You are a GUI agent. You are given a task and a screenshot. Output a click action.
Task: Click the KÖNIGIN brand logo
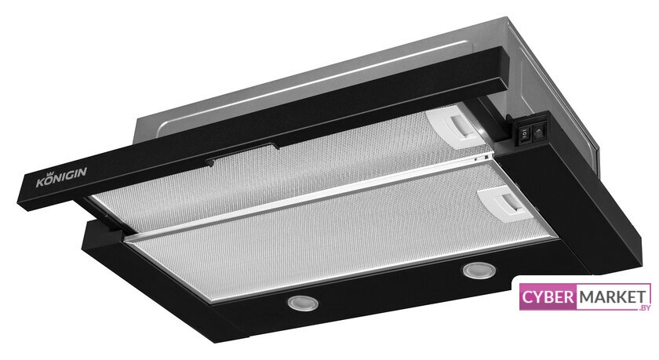(61, 177)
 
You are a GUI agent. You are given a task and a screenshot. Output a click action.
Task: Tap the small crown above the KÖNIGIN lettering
(53, 174)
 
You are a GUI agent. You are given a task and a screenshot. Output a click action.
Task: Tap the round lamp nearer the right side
(479, 270)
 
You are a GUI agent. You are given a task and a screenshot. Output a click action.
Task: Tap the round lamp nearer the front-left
(303, 303)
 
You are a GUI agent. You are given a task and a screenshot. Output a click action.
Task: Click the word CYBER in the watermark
(548, 297)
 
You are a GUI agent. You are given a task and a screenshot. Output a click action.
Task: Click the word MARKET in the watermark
(613, 297)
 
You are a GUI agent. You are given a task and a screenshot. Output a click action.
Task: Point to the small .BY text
(643, 307)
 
